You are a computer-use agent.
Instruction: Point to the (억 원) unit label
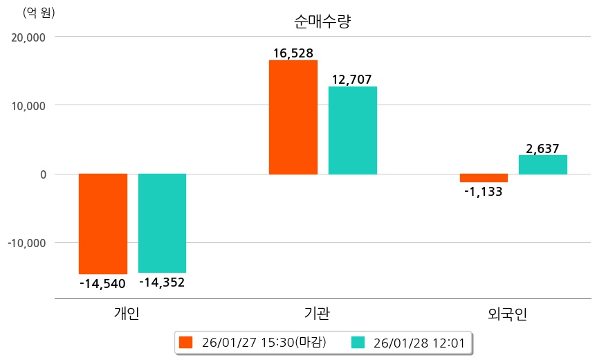(39, 12)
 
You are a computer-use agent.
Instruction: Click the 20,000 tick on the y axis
(29, 37)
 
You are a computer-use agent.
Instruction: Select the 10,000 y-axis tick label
(29, 106)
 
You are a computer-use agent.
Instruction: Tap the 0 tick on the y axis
(42, 174)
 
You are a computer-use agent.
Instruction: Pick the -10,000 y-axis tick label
(27, 243)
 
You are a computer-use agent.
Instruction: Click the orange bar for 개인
(103, 224)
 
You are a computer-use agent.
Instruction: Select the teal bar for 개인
(162, 223)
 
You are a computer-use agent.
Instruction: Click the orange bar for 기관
(293, 117)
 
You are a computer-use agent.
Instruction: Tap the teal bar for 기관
(353, 130)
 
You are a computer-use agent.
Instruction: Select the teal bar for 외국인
(543, 165)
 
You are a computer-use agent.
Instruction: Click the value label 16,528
(293, 53)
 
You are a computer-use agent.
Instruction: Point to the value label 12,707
(353, 80)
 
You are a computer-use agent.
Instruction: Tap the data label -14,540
(103, 282)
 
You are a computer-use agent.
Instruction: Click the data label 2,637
(543, 148)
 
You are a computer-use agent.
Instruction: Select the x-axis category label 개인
(127, 313)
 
